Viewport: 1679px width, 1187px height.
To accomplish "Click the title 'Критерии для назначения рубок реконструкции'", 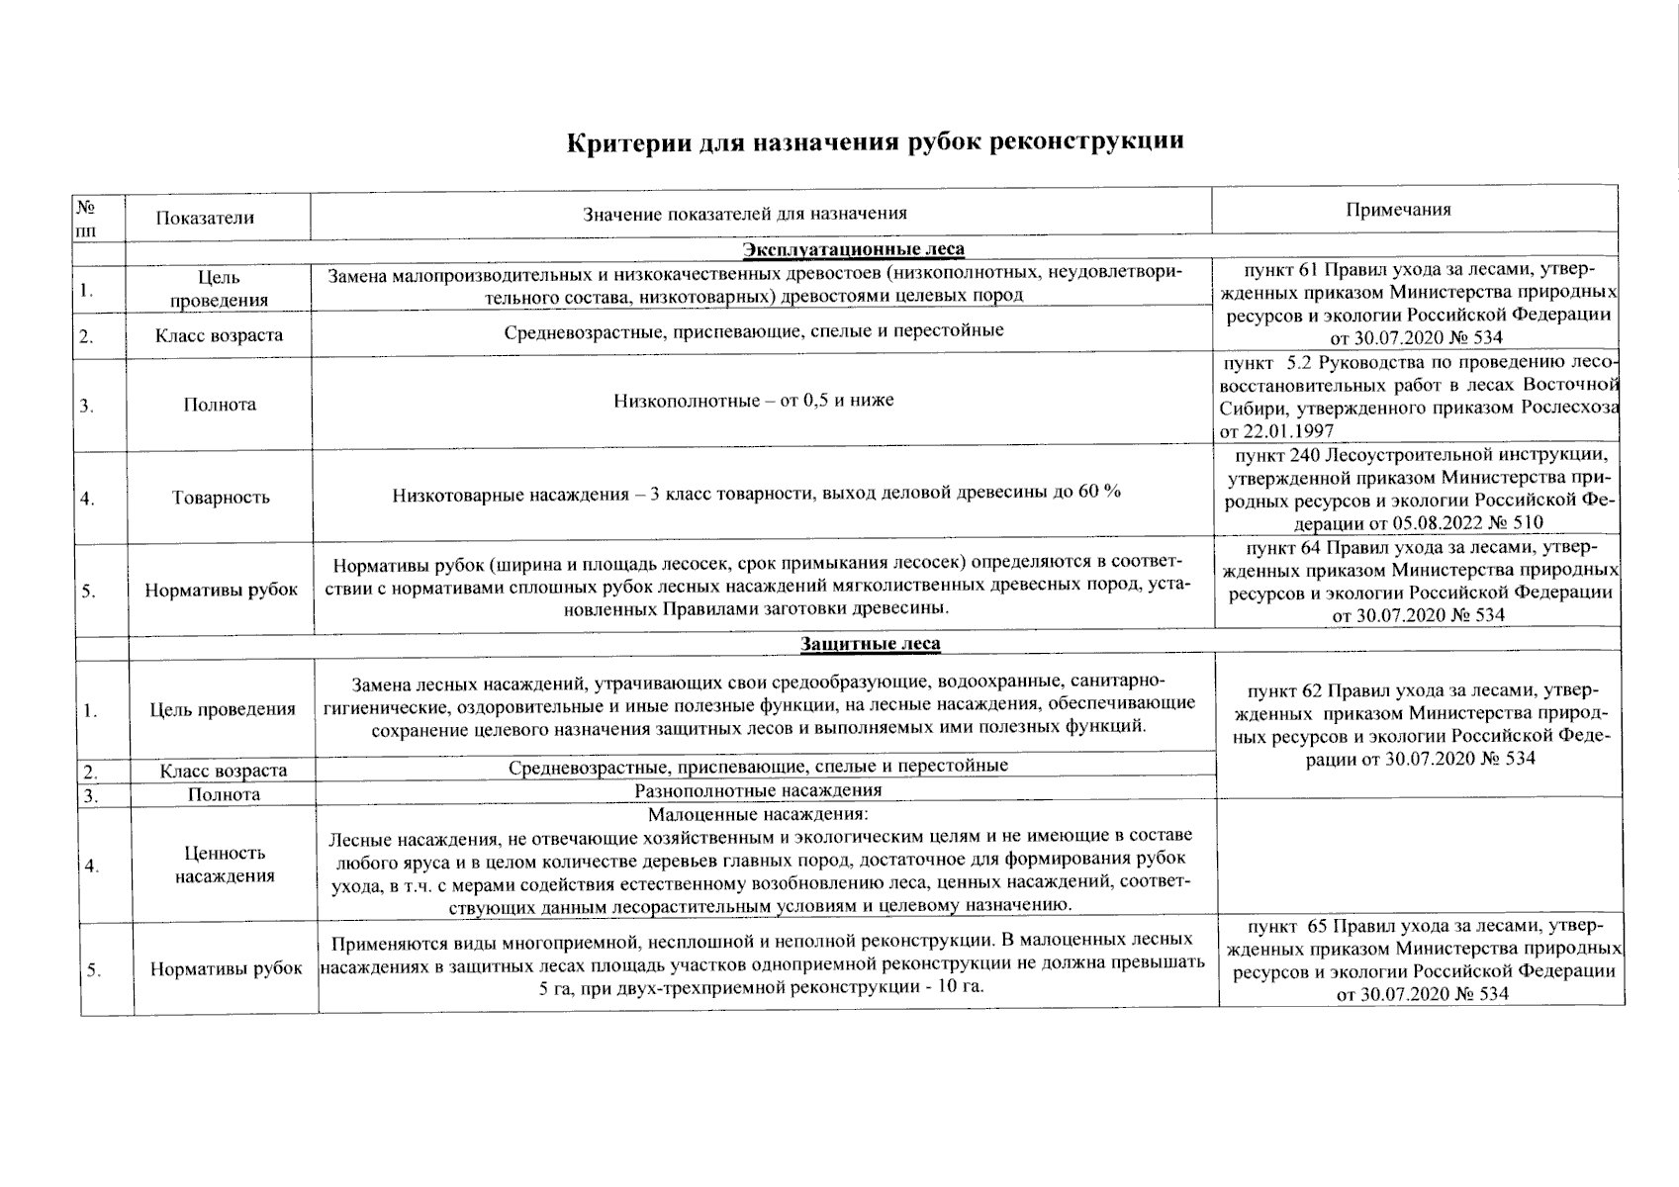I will (x=875, y=141).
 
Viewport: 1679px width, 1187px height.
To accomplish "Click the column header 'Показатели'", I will (x=205, y=218).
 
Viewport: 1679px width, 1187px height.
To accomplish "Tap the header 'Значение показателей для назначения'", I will (x=744, y=213).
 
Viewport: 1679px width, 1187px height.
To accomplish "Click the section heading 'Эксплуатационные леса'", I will (x=853, y=248).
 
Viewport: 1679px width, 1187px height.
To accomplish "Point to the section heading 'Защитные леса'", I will (x=870, y=644).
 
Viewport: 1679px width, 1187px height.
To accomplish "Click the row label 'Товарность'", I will (x=220, y=498).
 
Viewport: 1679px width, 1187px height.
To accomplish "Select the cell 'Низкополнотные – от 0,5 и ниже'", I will (x=753, y=401).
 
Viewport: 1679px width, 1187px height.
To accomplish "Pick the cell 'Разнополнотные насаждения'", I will (x=757, y=790).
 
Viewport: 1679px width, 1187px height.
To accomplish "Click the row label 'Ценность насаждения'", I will (x=225, y=864).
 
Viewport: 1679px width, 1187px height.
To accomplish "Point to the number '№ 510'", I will (x=1518, y=522).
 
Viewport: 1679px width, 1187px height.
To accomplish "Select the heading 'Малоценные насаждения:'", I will (x=757, y=815).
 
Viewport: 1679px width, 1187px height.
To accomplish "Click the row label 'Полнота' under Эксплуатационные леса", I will (x=220, y=404).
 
